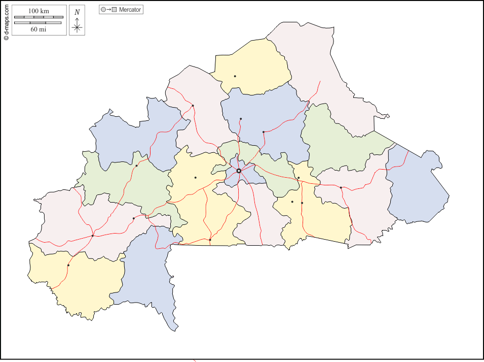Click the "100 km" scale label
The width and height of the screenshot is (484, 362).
pyautogui.click(x=39, y=11)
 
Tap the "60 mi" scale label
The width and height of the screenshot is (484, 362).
pyautogui.click(x=39, y=29)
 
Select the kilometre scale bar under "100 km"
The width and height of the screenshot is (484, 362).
pyautogui.click(x=39, y=17)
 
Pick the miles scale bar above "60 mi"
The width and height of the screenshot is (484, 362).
pyautogui.click(x=39, y=23)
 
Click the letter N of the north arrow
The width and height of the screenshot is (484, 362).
pyautogui.click(x=77, y=12)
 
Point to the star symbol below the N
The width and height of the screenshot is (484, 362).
pyautogui.click(x=77, y=27)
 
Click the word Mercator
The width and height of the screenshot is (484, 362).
pyautogui.click(x=130, y=10)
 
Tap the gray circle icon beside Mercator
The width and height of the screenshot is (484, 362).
pyautogui.click(x=103, y=10)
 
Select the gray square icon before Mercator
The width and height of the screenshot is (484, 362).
pyautogui.click(x=115, y=10)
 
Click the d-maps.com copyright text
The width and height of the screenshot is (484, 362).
pyautogui.click(x=6, y=20)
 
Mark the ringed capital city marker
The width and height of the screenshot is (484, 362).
pyautogui.click(x=239, y=171)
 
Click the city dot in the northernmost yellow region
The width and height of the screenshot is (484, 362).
pyautogui.click(x=235, y=76)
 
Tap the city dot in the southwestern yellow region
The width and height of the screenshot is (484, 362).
pyautogui.click(x=68, y=265)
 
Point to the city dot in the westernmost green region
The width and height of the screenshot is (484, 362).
pyautogui.click(x=136, y=166)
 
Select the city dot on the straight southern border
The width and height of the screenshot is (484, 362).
pyautogui.click(x=210, y=240)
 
